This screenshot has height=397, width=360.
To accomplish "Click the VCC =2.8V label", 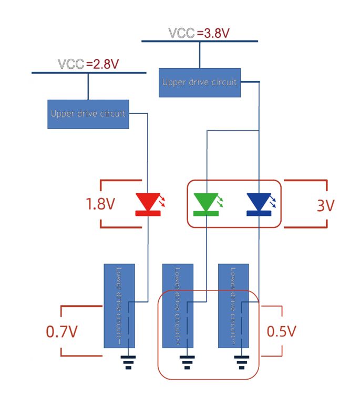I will [88, 64].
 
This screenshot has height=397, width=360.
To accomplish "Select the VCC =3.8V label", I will [199, 33].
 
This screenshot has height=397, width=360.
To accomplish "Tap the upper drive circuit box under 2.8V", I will [88, 113].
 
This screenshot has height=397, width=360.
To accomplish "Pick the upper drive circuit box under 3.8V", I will [199, 82].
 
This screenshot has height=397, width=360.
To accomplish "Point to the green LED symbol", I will [206, 204].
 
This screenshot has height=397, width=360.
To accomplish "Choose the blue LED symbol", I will [260, 204].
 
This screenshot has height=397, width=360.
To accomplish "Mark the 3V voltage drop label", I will [325, 205].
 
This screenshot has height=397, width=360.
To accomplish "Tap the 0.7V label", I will [61, 331].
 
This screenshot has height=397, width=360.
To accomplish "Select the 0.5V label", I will [282, 331].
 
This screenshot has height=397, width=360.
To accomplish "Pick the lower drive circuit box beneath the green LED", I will [177, 305].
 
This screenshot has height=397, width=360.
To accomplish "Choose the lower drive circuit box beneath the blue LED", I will [233, 305].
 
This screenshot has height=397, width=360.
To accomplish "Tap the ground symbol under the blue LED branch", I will [241, 362].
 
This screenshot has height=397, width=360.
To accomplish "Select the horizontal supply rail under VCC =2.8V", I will [88, 72].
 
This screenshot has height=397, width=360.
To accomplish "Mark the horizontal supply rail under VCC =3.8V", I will [199, 41].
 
